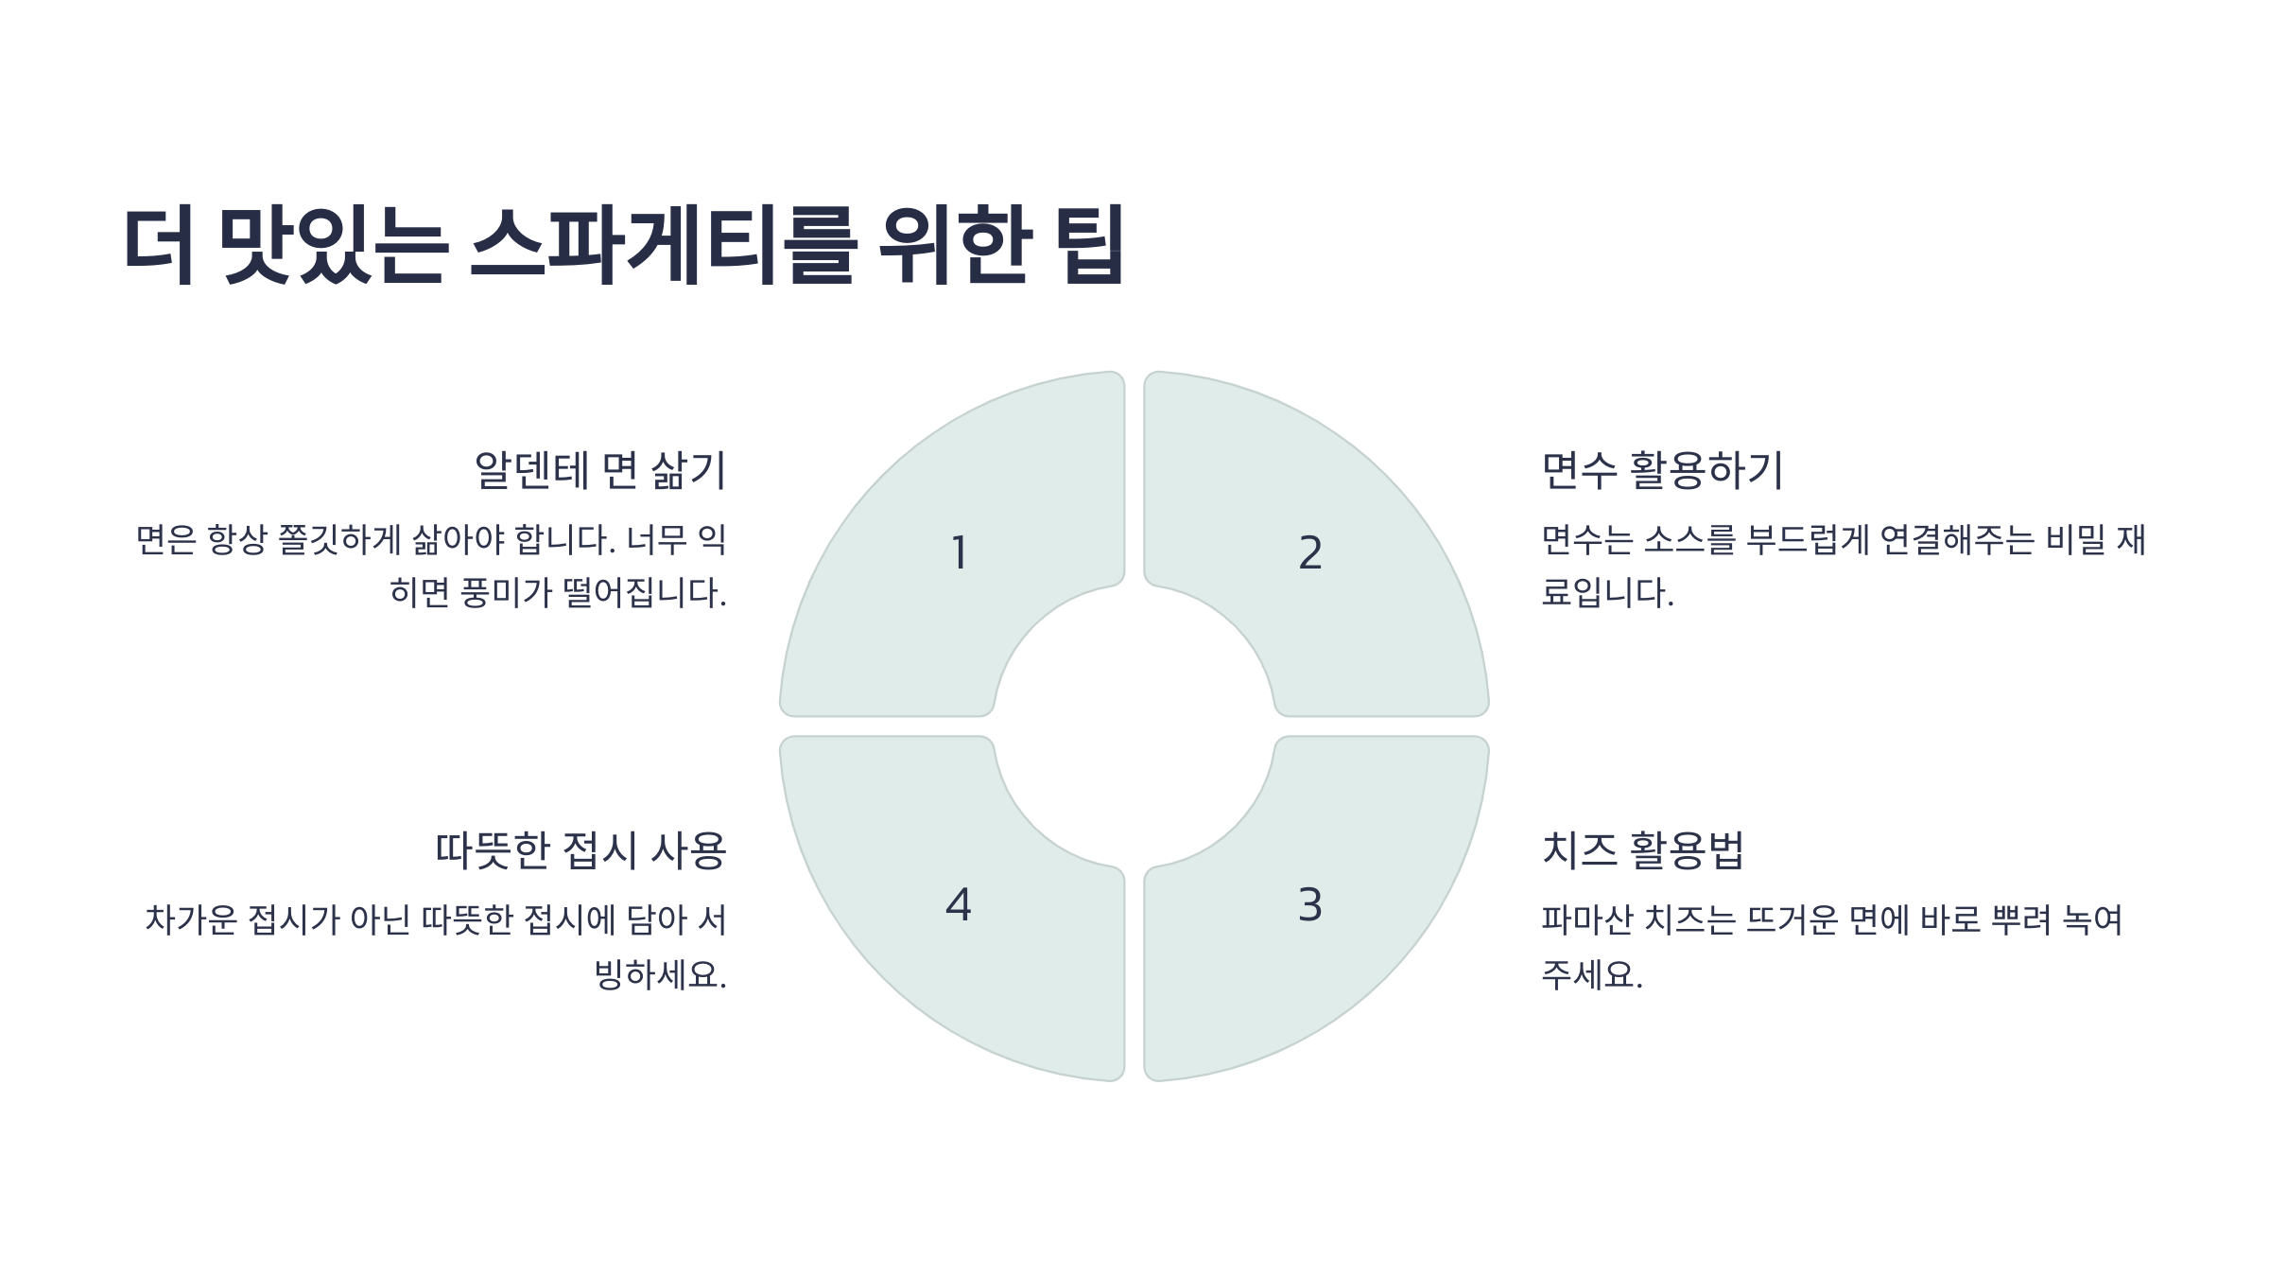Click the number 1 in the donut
pyautogui.click(x=959, y=553)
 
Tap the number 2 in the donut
pyautogui.click(x=1310, y=553)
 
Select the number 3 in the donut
pyautogui.click(x=1310, y=905)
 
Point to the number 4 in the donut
pyautogui.click(x=959, y=905)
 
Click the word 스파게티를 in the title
pyautogui.click(x=663, y=245)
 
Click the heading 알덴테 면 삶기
pyautogui.click(x=599, y=471)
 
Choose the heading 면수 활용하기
pyautogui.click(x=1662, y=471)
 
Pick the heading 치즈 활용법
pyautogui.click(x=1643, y=850)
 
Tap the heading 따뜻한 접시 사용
pyautogui.click(x=580, y=850)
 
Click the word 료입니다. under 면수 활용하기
pyautogui.click(x=1607, y=594)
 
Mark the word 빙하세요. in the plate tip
pyautogui.click(x=660, y=974)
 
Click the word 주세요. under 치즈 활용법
pyautogui.click(x=1592, y=974)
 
